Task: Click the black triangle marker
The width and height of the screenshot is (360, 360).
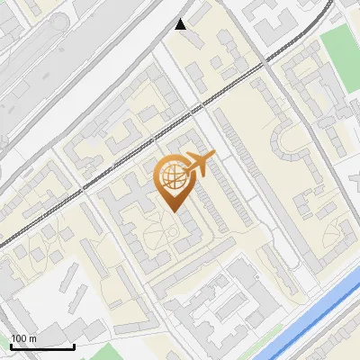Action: point(181,24)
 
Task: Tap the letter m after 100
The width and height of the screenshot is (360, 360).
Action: point(32,338)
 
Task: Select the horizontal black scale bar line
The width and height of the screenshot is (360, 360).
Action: point(42,346)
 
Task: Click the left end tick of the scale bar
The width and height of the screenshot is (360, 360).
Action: point(11,345)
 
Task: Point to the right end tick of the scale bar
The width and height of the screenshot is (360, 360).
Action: point(74,345)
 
